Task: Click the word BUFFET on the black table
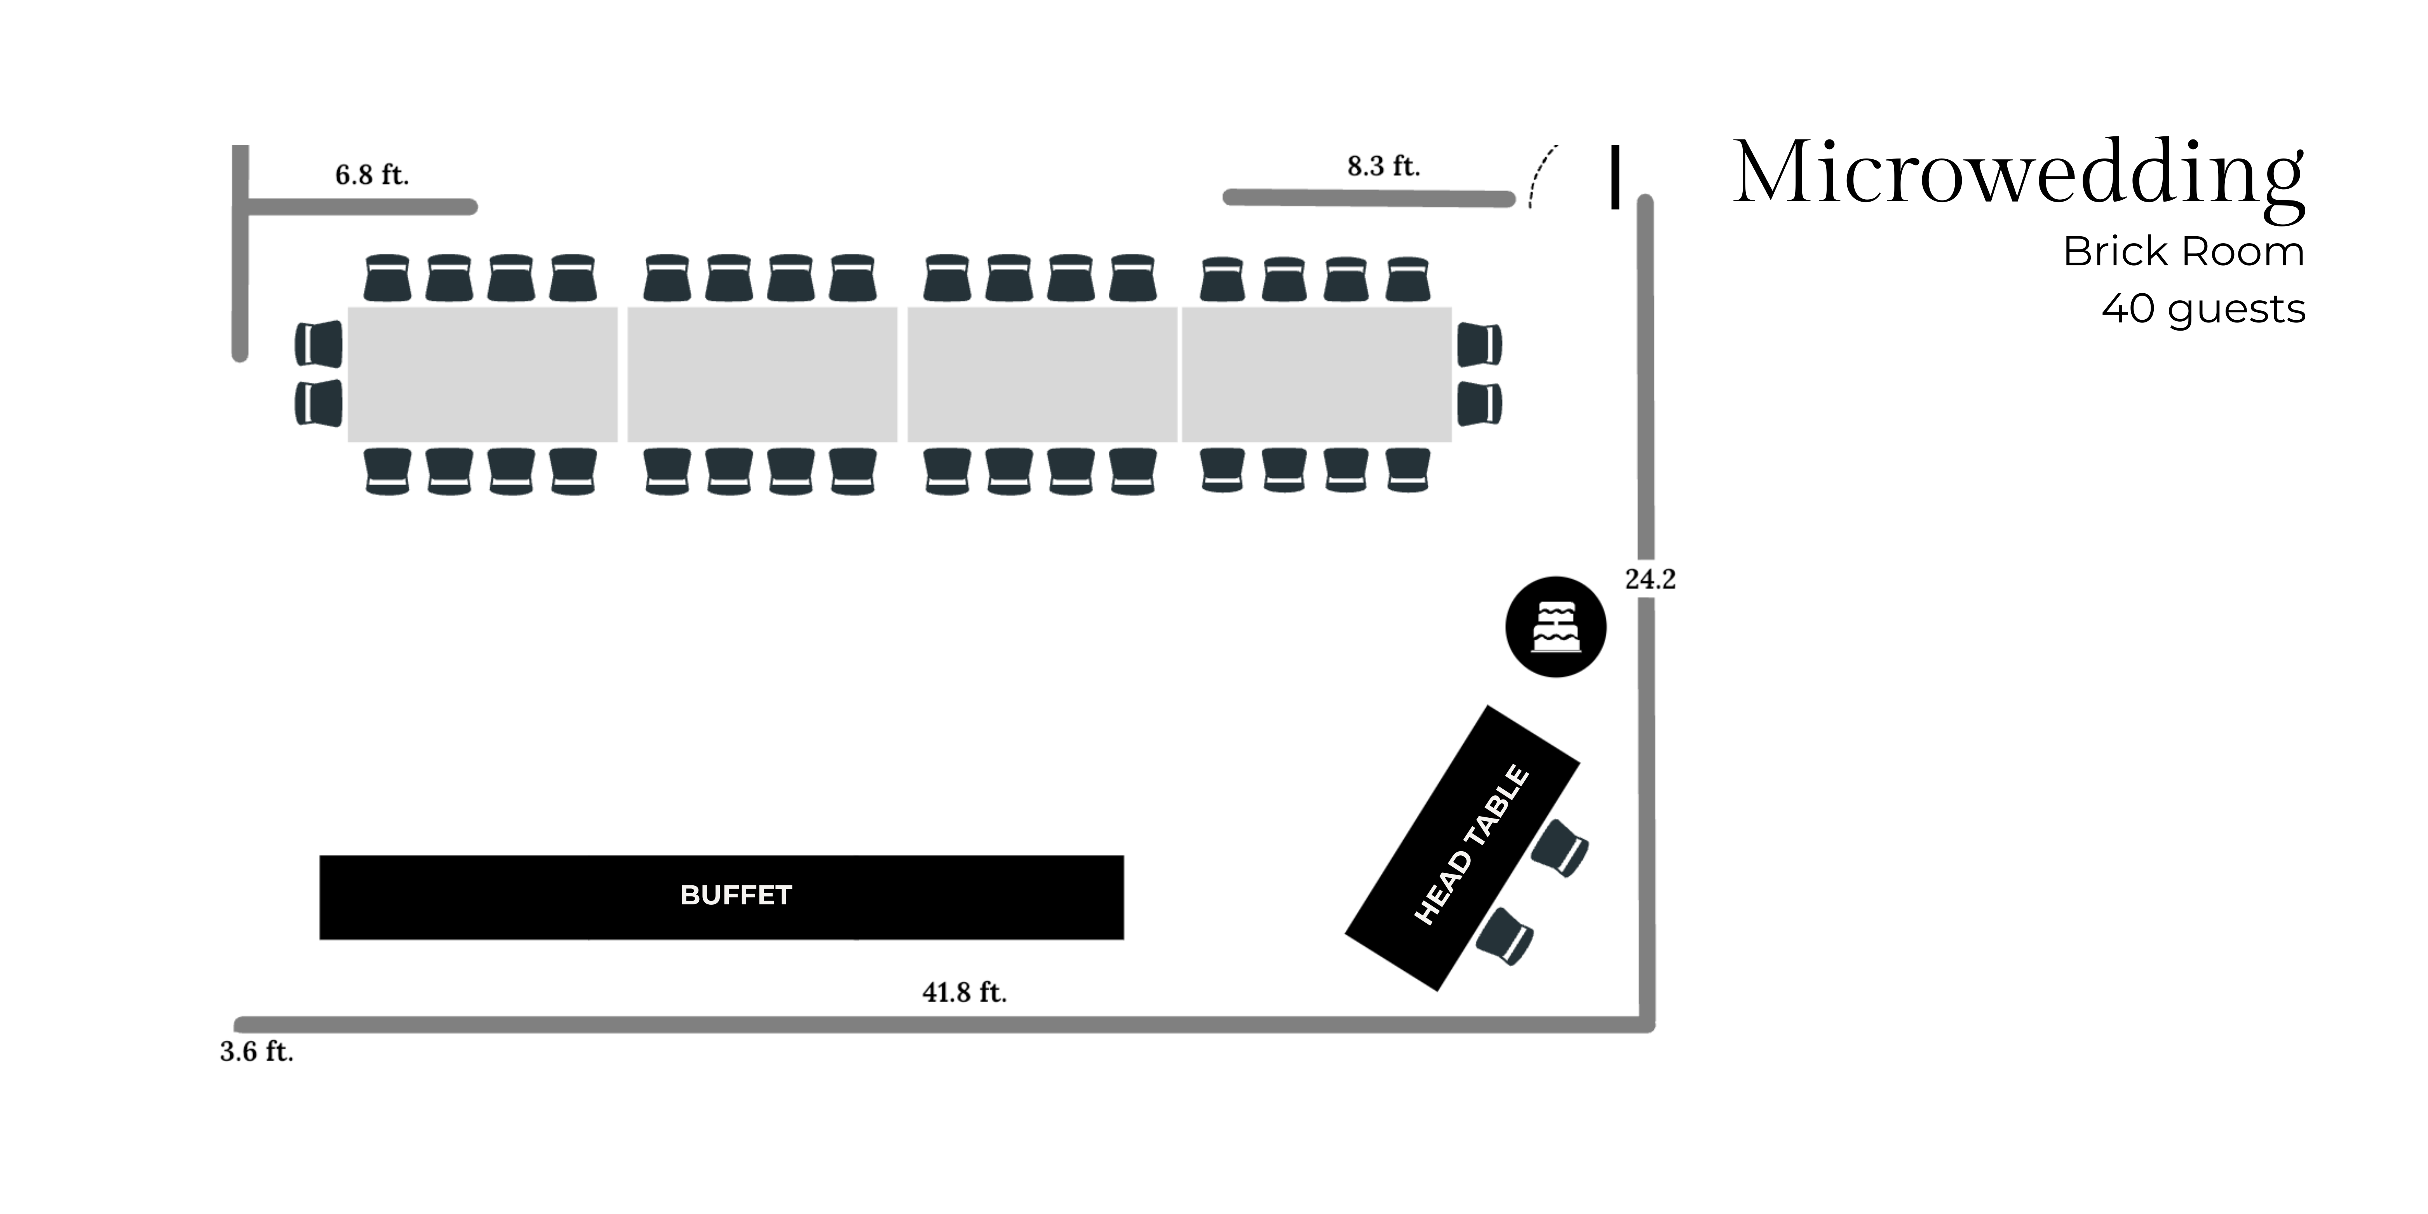(x=736, y=895)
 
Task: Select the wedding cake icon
(x=1555, y=627)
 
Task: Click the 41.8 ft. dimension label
(x=964, y=993)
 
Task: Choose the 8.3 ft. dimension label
(x=1383, y=167)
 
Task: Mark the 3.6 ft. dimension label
(x=256, y=1052)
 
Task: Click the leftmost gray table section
(x=482, y=374)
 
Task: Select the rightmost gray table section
(x=1317, y=374)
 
